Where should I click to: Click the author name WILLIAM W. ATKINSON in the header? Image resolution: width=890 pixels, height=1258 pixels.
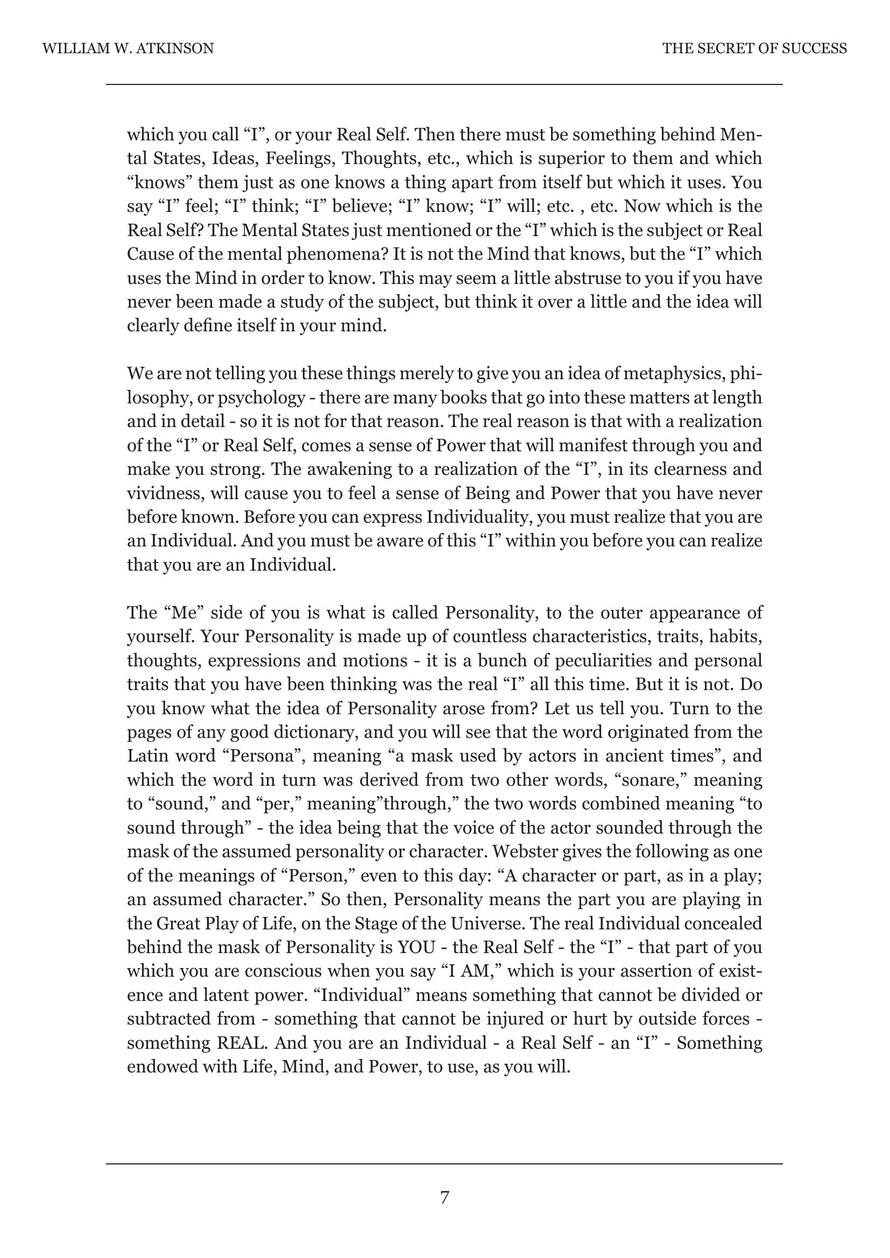[128, 49]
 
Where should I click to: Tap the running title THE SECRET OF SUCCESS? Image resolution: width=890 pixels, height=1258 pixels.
[754, 49]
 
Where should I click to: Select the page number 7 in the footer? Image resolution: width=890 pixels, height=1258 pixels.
[444, 1197]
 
